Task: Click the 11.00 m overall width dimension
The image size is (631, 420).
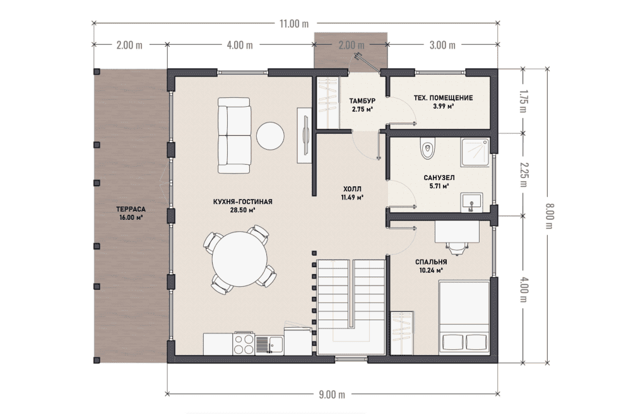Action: pyautogui.click(x=294, y=24)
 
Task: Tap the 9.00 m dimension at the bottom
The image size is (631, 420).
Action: pyautogui.click(x=332, y=394)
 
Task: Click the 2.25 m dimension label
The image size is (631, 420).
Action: pyautogui.click(x=523, y=174)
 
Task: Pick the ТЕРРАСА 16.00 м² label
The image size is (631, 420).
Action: pyautogui.click(x=131, y=213)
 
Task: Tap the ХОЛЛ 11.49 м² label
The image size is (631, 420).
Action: pyautogui.click(x=352, y=193)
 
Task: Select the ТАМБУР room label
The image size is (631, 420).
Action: pyautogui.click(x=362, y=100)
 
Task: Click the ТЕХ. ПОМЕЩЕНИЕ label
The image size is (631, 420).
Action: pyautogui.click(x=443, y=97)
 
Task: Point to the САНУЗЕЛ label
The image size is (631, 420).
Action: pyautogui.click(x=439, y=177)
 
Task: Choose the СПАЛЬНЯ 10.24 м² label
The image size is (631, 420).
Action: pyautogui.click(x=431, y=266)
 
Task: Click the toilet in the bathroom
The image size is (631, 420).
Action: pyautogui.click(x=427, y=148)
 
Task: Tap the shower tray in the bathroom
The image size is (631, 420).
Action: pyautogui.click(x=475, y=152)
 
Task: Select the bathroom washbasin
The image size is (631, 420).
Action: pyautogui.click(x=471, y=202)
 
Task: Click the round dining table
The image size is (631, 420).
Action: pyautogui.click(x=240, y=259)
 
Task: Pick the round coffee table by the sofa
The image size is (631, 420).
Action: pyautogui.click(x=271, y=136)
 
